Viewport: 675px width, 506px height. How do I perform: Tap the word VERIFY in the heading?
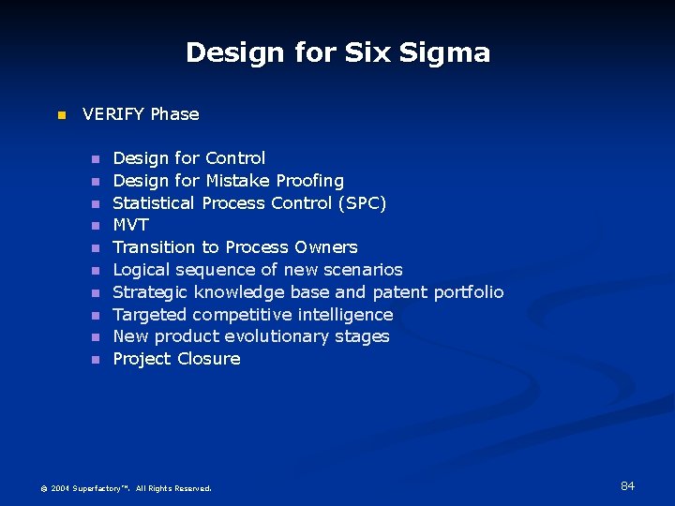coord(113,114)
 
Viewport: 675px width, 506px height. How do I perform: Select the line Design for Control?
coord(188,158)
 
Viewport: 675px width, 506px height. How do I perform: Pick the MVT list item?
coord(130,225)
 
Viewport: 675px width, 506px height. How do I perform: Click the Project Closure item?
coord(176,359)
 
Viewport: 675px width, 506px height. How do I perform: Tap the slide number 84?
coord(627,485)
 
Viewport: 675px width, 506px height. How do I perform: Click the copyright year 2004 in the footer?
coord(60,488)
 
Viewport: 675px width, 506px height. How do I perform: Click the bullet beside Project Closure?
coord(95,360)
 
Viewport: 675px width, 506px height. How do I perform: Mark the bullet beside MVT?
coord(95,226)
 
